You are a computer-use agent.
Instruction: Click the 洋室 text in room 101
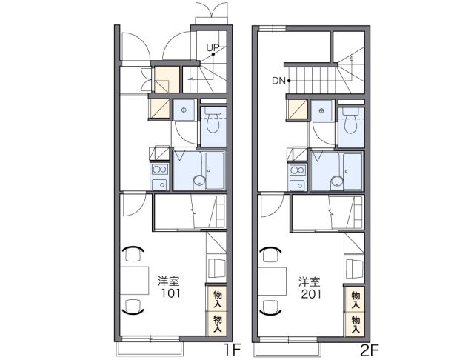169,281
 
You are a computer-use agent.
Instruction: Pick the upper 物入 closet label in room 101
217,299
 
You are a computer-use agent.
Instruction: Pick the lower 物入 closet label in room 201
355,321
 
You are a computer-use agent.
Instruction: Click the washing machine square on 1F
183,110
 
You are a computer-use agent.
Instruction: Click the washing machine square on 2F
321,110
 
